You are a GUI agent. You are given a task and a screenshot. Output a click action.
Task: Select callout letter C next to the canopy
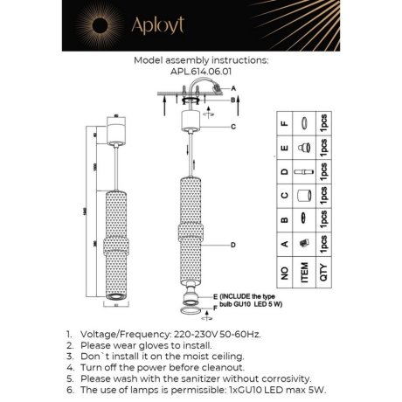click(233, 127)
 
